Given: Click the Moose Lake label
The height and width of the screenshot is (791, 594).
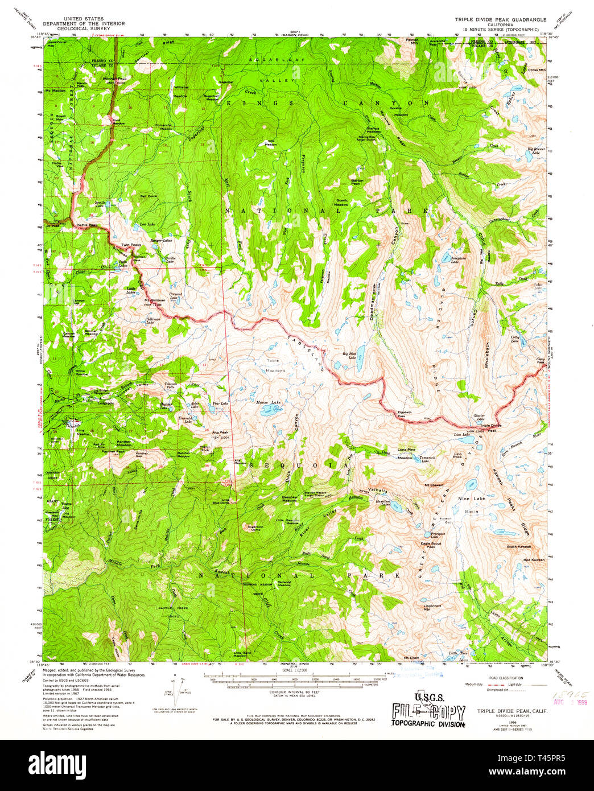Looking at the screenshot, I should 269,402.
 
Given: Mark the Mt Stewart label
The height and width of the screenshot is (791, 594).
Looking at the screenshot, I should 434,485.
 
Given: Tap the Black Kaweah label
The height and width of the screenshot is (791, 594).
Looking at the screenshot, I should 519,546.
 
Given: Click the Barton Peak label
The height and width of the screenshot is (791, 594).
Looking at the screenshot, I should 357,182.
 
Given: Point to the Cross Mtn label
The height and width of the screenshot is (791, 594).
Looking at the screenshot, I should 537,70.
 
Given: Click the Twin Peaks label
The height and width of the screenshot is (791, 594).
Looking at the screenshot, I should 131,245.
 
